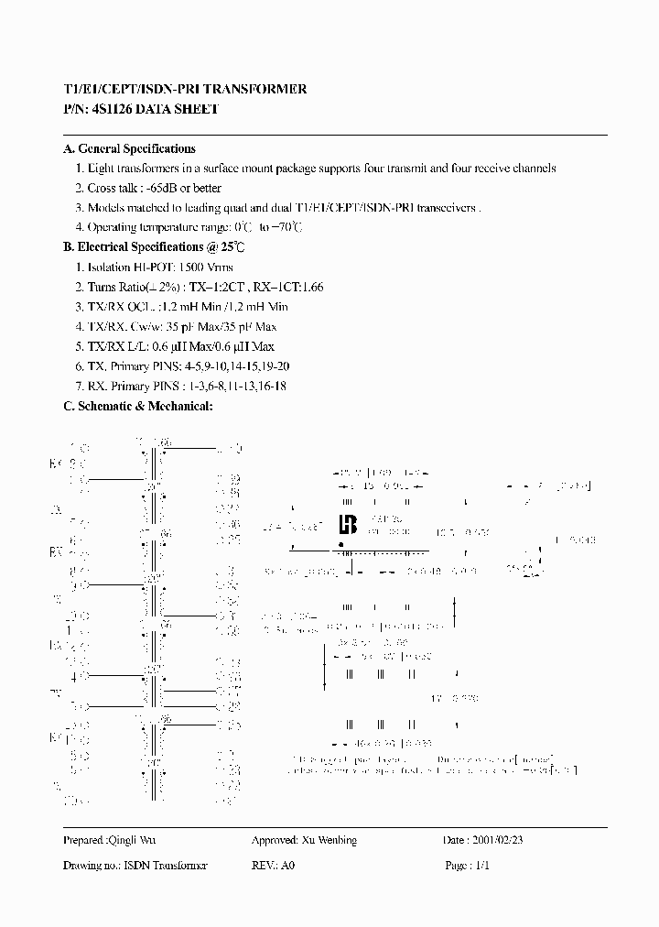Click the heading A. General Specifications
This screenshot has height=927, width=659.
click(x=129, y=148)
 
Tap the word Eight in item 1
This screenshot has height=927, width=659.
click(x=101, y=169)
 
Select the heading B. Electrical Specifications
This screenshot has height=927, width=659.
click(x=145, y=246)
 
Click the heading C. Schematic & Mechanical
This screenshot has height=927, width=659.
click(x=138, y=405)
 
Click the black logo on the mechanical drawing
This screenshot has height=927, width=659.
click(x=347, y=525)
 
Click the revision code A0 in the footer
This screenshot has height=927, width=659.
click(x=288, y=865)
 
